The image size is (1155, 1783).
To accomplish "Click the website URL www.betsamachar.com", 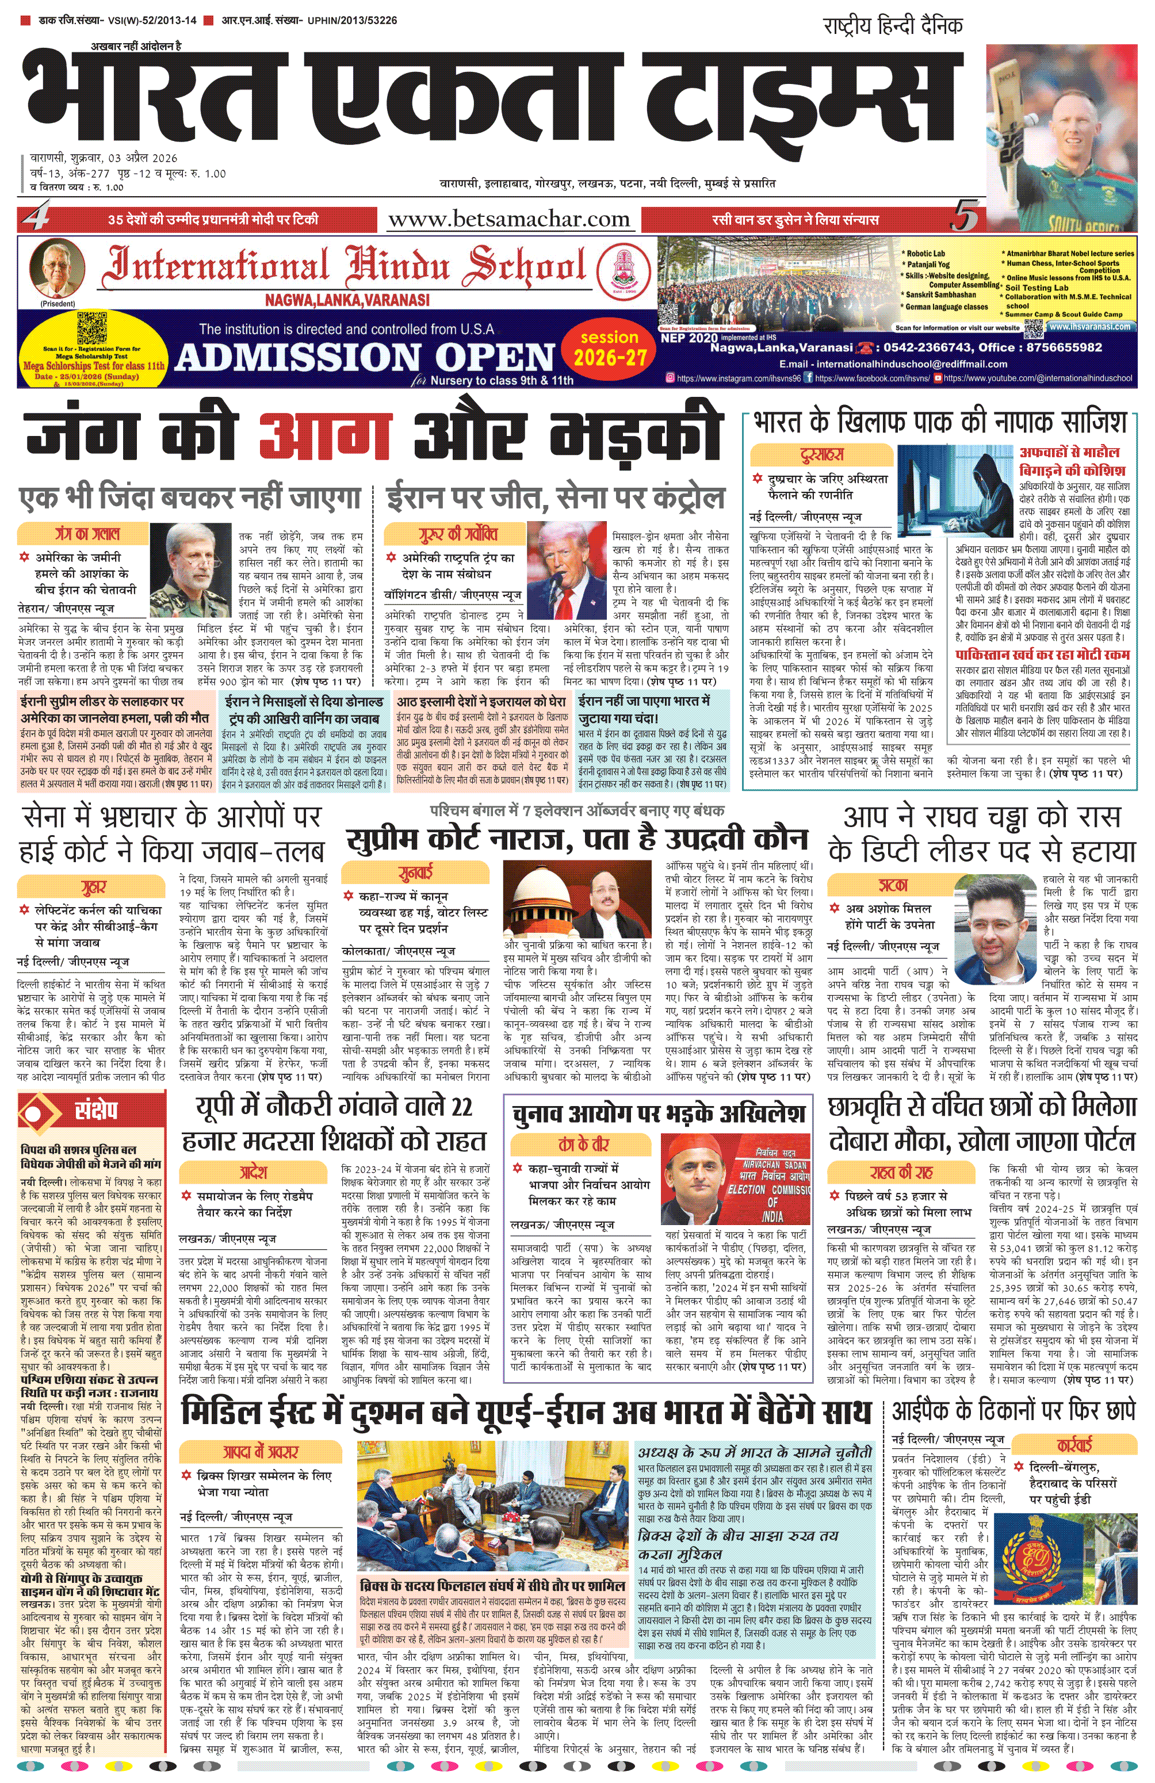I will [x=508, y=220].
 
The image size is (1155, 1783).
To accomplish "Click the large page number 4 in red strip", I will [x=36, y=218].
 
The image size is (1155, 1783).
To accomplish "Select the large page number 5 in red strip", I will [x=965, y=218].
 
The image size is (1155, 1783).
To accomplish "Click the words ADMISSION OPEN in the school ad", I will [x=365, y=357].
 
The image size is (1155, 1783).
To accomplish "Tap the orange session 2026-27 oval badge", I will [x=610, y=349].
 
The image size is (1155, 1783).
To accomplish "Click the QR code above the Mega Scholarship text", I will [x=92, y=327].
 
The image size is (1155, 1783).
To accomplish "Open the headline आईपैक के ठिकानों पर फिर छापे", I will [x=1014, y=1411].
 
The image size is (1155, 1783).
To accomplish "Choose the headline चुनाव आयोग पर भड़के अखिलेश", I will [x=659, y=1115].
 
